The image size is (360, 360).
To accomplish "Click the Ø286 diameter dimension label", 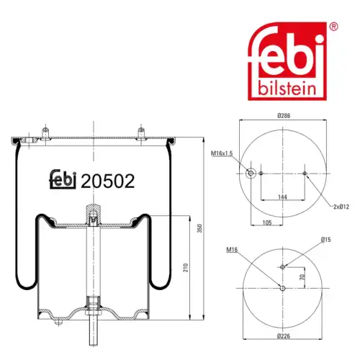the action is (284, 116).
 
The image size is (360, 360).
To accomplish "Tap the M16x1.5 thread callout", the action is (222, 153).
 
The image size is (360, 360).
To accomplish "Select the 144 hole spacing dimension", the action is (282, 197).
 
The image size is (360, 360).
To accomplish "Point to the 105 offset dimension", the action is (267, 222).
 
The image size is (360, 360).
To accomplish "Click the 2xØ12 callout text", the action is (341, 207).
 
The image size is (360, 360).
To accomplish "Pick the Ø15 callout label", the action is (325, 240).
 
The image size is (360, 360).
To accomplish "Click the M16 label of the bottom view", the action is (232, 250).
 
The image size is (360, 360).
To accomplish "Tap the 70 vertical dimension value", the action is (302, 277).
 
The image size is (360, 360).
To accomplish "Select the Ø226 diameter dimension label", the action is (284, 336).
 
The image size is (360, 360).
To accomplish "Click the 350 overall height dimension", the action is (199, 228).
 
